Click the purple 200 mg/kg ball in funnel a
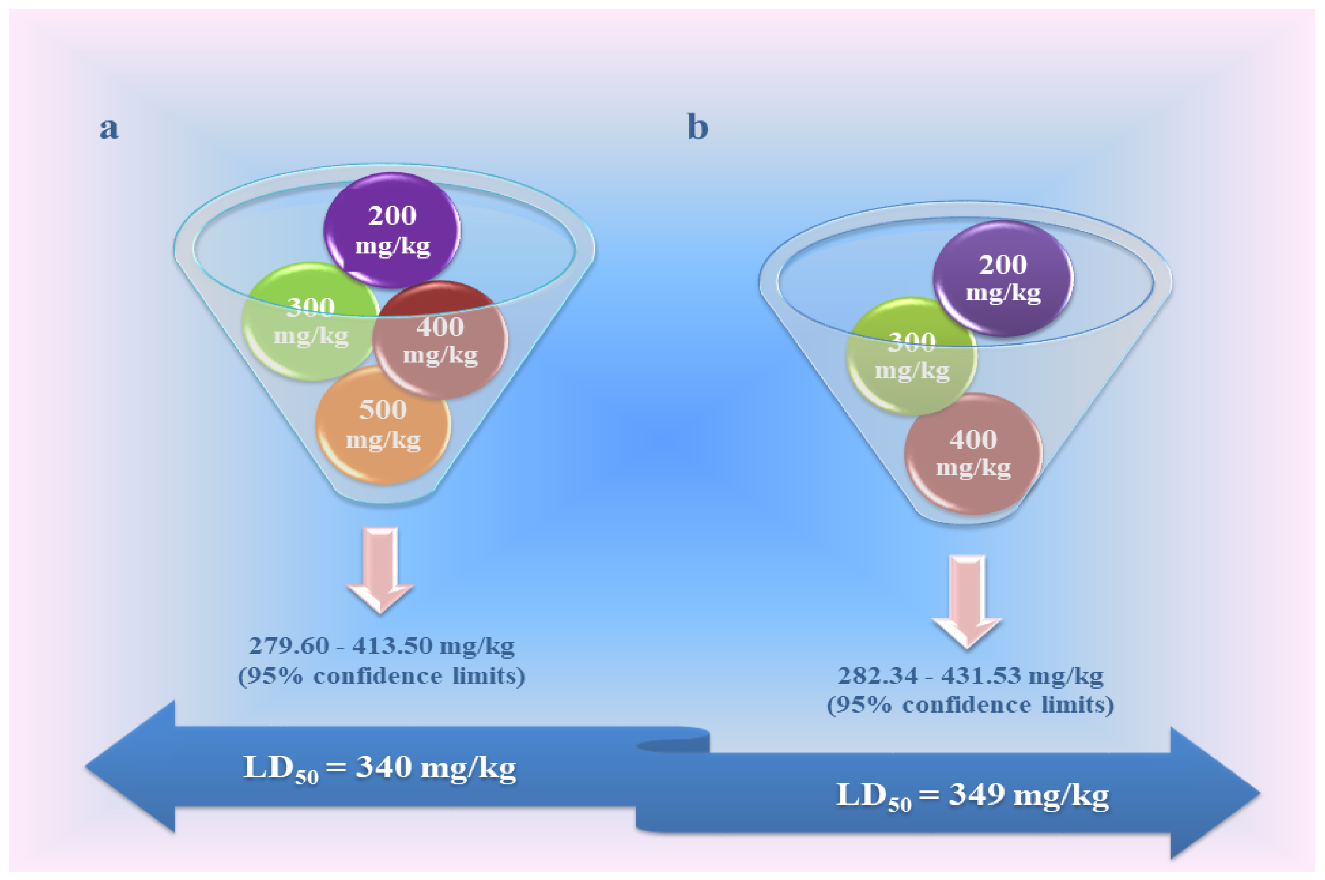[x=392, y=230]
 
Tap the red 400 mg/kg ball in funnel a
[x=440, y=340]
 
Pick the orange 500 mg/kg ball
[x=383, y=425]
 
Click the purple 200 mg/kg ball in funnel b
[x=1003, y=278]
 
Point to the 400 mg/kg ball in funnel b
[x=973, y=454]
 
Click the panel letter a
[x=109, y=128]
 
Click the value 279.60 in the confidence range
[x=288, y=646]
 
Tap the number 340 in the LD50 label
[x=384, y=767]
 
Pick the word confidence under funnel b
[x=966, y=705]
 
